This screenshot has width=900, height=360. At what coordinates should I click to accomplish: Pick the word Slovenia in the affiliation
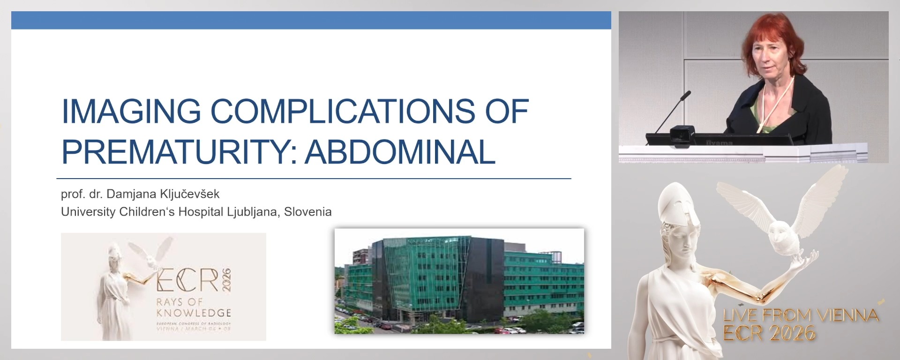pos(307,212)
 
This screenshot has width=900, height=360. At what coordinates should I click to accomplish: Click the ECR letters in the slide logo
pos(187,280)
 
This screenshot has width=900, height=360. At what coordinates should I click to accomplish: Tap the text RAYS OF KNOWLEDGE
pos(193,307)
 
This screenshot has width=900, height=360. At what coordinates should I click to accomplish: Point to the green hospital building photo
pos(459,281)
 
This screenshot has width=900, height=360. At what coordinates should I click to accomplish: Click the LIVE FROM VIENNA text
pos(801,315)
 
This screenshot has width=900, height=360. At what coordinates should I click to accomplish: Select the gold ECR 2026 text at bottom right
pos(769,333)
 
